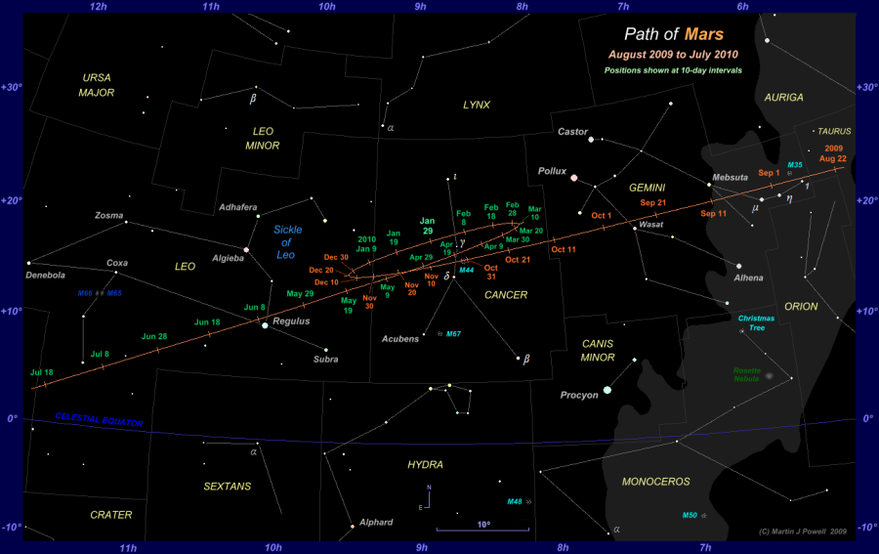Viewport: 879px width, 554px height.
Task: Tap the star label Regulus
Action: [x=291, y=320]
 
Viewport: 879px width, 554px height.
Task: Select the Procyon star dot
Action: [x=607, y=390]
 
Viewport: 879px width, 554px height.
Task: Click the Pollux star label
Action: [x=552, y=171]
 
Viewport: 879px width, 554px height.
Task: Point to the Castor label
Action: [x=572, y=131]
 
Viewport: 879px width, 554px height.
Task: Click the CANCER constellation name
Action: [x=506, y=295]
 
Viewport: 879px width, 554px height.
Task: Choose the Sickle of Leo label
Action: [x=285, y=242]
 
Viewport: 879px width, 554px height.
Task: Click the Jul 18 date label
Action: [x=42, y=372]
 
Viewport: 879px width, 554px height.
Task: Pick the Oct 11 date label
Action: [x=564, y=250]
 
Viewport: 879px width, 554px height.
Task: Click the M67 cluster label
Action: [x=453, y=335]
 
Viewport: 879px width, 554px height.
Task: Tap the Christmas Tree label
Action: [x=755, y=322]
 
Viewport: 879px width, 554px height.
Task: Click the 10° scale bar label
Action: [x=483, y=525]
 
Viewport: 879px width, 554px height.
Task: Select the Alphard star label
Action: [x=376, y=523]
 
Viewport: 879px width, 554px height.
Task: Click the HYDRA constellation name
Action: [x=426, y=465]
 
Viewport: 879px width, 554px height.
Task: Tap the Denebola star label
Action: [x=44, y=276]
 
